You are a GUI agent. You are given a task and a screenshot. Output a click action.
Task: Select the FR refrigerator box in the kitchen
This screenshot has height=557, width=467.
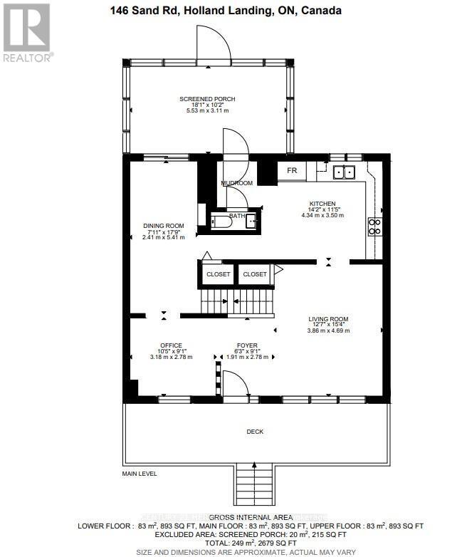tap(292, 171)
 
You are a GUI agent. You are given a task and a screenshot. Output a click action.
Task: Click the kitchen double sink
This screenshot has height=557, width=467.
tap(345, 172)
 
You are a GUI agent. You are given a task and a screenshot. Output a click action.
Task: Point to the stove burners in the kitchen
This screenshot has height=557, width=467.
tap(374, 227)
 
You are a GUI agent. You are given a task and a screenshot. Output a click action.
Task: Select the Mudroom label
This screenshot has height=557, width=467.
tap(236, 183)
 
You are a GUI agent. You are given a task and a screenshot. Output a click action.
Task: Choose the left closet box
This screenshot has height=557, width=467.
tap(219, 274)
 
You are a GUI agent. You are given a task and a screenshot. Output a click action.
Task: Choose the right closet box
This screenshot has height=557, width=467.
tap(254, 274)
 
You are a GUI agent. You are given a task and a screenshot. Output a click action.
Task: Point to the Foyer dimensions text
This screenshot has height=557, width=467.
tap(247, 356)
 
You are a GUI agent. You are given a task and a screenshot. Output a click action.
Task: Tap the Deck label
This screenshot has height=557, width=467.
tap(255, 431)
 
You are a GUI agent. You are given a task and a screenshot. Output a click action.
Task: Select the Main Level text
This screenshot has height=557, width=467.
tap(139, 474)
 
